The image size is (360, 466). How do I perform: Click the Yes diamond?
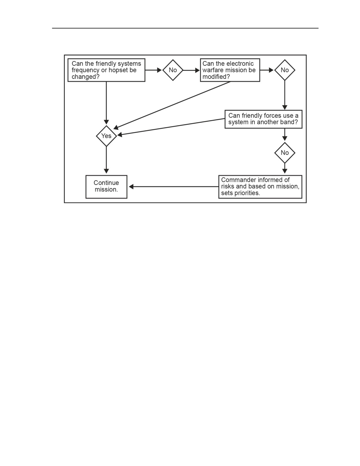point(106,136)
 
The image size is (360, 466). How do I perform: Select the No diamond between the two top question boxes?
point(173,70)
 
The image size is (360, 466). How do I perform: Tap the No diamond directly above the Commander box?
point(285,153)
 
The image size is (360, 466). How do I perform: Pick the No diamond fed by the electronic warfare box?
point(285,70)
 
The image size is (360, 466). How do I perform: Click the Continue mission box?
point(106,187)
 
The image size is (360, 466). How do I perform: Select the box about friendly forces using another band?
point(263,119)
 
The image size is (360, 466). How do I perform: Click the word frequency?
point(85,71)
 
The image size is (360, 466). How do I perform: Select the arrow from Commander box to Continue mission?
point(174,187)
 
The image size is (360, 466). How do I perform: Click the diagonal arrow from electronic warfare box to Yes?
point(172,105)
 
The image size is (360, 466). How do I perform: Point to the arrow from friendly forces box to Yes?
point(171,127)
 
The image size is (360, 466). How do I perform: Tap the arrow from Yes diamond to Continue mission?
point(106,160)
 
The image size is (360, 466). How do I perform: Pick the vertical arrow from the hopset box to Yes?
point(106,103)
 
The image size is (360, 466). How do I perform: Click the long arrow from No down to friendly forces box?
point(285,95)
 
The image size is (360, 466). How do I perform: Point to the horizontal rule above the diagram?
point(185,28)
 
